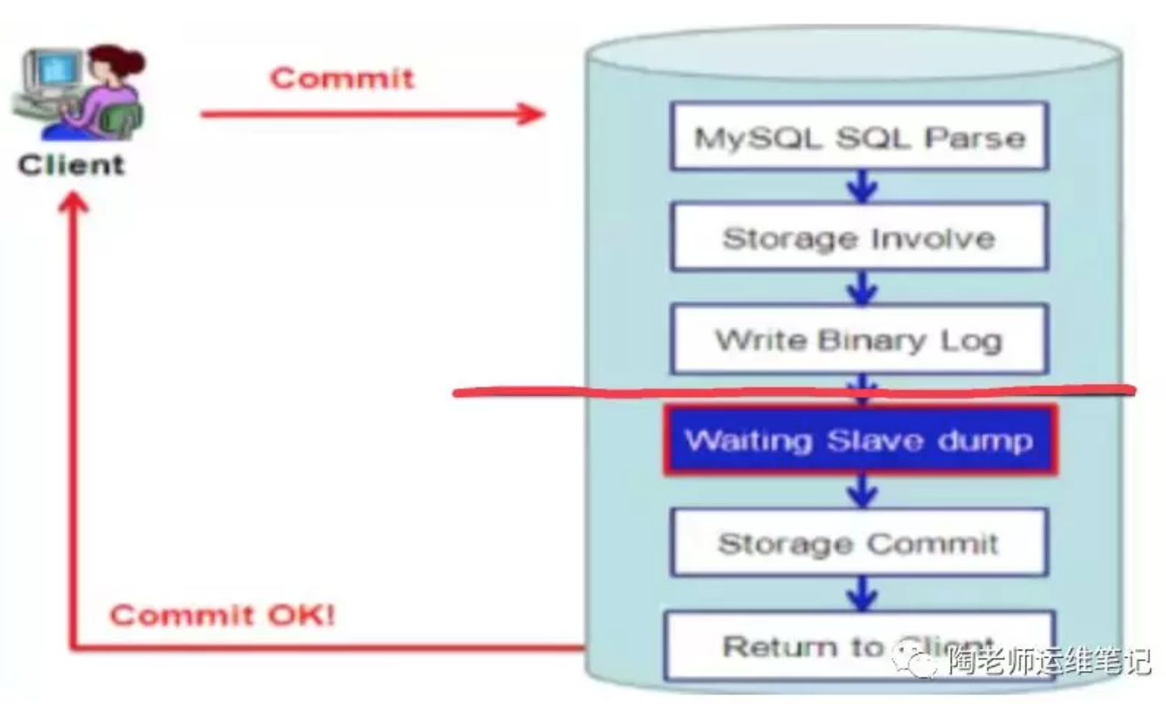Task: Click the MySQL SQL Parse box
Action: tap(859, 137)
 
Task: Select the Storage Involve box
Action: tap(859, 237)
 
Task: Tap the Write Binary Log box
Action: tap(859, 340)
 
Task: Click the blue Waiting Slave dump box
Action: tap(859, 441)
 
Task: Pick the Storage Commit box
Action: tap(859, 543)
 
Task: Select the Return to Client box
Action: tap(859, 645)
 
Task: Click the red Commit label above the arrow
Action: tap(342, 77)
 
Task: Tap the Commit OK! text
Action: tap(222, 615)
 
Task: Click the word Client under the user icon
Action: tap(71, 164)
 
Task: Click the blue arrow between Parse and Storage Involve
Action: tap(862, 188)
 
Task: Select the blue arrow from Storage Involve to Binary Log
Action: tap(862, 289)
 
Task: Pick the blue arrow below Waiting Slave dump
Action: tap(862, 492)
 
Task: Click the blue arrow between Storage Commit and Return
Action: tap(862, 593)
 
